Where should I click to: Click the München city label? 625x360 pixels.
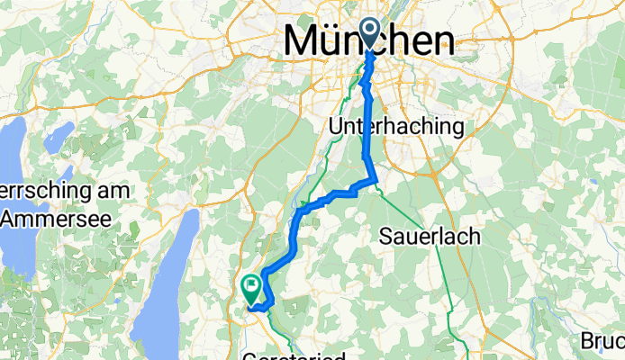(369, 41)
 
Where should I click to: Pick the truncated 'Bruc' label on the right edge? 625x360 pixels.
(603, 342)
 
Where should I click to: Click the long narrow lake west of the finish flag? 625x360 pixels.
(185, 261)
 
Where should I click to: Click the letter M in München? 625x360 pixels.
(303, 41)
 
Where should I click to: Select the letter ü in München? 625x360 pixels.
(339, 41)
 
